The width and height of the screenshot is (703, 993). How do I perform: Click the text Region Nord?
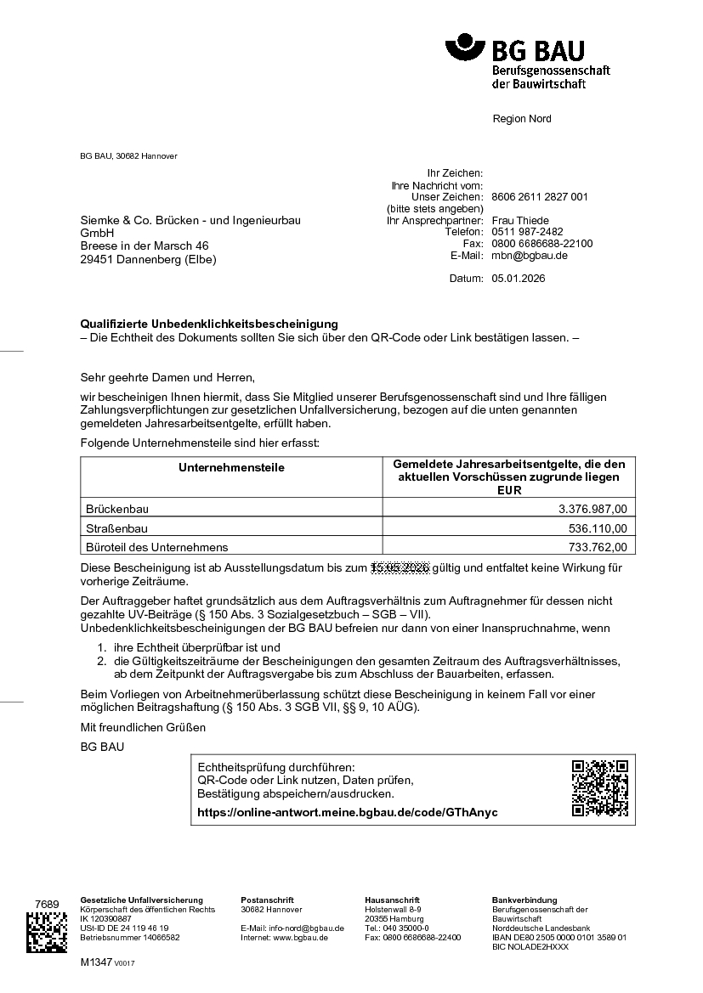point(522,119)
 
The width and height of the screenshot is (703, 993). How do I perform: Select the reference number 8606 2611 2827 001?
point(540,197)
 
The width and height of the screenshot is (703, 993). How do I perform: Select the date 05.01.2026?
point(519,279)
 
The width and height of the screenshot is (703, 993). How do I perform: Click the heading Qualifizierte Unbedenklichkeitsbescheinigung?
point(209,324)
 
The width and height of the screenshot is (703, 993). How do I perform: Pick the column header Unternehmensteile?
point(231,468)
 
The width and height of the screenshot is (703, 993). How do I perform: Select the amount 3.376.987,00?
point(592,510)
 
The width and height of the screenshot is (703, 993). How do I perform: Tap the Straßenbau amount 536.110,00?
point(598,528)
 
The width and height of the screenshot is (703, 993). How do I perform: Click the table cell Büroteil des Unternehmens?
point(157,547)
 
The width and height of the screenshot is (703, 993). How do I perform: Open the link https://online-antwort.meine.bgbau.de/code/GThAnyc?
point(347,813)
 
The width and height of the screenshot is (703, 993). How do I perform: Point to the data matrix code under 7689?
point(47,933)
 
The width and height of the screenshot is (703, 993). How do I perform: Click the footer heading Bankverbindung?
point(524,900)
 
